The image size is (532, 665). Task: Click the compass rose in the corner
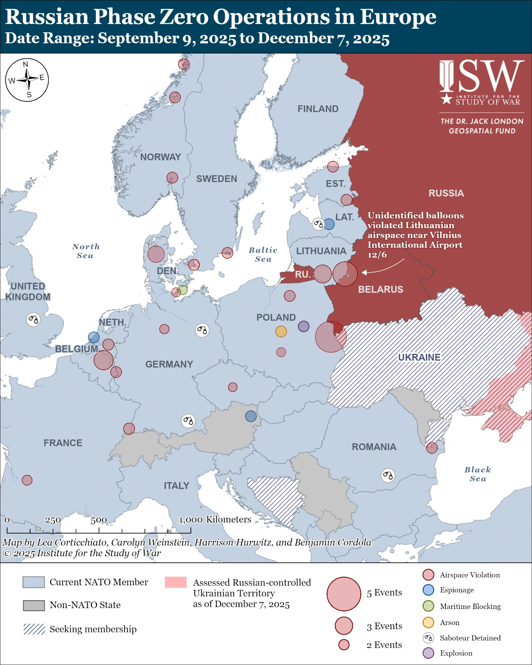pos(27,80)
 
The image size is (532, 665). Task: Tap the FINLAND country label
pos(318,109)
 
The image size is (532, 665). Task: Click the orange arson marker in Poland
pos(281,332)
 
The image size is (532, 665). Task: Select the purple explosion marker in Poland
pos(303,326)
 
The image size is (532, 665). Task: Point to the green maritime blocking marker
pos(183,290)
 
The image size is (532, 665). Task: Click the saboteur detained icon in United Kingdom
pos(33,319)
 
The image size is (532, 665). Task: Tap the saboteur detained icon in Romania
pos(388,475)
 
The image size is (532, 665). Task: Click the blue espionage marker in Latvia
pos(329,224)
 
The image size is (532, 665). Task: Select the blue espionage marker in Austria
pos(251,416)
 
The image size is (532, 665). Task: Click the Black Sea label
pos(477,474)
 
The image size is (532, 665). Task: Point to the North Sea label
pos(86,251)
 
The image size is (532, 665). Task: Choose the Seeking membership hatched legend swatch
pos(34,629)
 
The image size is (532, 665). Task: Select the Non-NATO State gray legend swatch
pos(34,605)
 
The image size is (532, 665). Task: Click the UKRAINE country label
pos(419,357)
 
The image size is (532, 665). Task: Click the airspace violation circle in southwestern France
pos(27,480)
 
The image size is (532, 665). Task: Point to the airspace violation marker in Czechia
pos(233,387)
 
